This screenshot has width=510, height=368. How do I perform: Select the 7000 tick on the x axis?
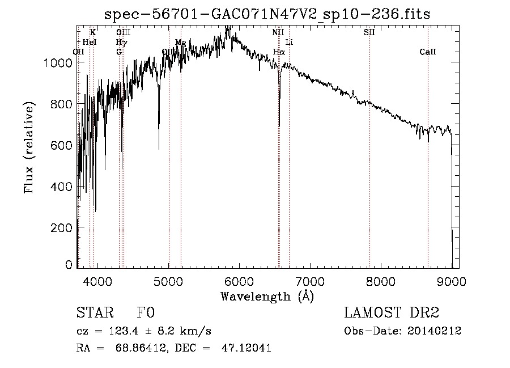coord(309,281)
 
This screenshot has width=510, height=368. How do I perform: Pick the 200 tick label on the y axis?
coord(62,227)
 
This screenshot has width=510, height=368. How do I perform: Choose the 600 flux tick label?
coord(62,145)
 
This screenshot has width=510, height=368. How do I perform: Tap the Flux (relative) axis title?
coord(29,147)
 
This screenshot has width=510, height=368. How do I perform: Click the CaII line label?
coord(428,52)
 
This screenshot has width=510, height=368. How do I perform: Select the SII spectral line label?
coord(369,32)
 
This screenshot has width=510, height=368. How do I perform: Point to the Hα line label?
coord(278,52)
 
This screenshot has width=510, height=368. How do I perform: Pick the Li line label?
coord(289,43)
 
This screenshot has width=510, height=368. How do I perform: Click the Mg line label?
coord(180,43)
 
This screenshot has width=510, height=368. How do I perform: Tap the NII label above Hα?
coord(278,32)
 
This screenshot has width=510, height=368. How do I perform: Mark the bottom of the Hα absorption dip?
coord(279,125)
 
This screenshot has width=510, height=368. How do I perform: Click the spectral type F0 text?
coord(146,313)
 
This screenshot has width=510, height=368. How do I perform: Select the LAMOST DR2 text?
coord(392,313)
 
